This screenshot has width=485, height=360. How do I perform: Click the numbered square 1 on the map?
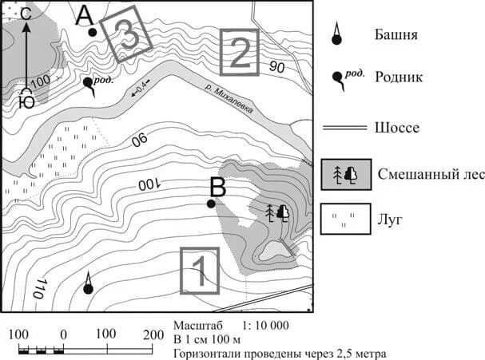tap(199, 271)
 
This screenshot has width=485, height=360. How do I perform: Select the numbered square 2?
tap(240, 52)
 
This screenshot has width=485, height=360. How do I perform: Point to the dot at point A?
tap(93, 32)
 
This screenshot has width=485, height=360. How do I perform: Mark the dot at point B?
tap(211, 204)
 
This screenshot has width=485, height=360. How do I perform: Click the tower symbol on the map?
tap(89, 283)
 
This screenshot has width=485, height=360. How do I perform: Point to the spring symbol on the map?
tap(89, 83)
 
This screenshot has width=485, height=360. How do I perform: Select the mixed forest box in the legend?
tap(346, 173)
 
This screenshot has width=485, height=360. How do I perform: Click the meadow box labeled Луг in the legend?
tap(346, 220)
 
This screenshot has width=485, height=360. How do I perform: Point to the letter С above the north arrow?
tap(26, 13)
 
